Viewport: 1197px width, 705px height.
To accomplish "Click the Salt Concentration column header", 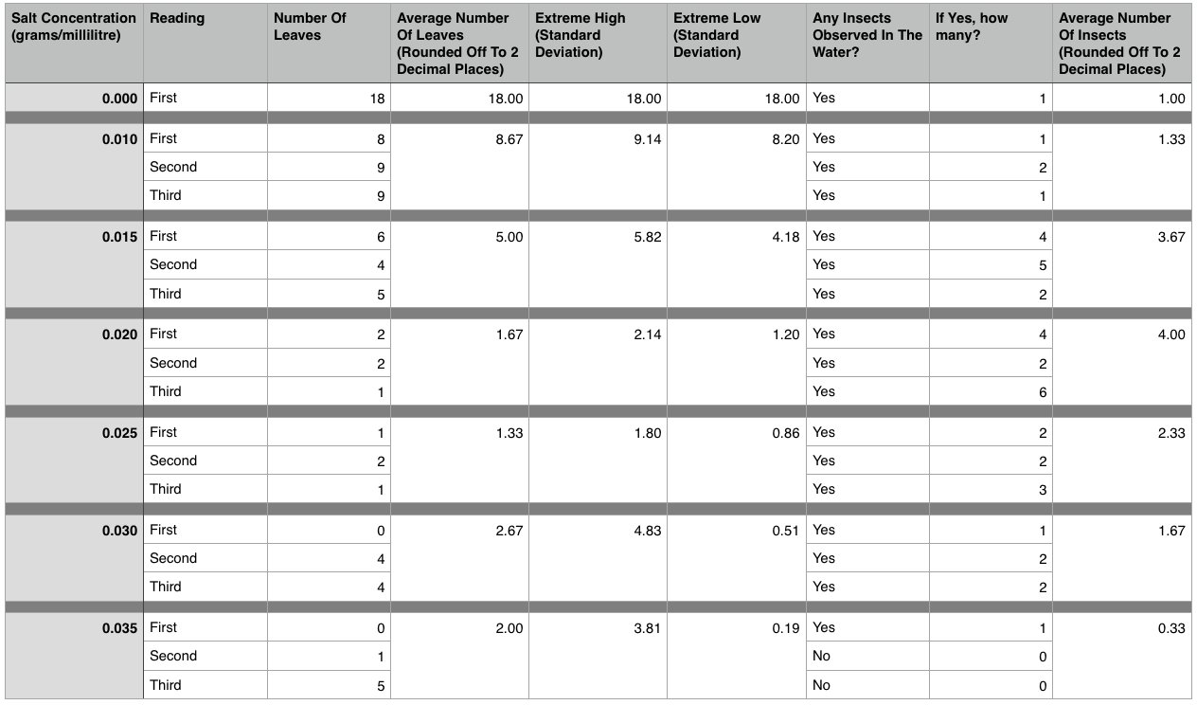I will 74,27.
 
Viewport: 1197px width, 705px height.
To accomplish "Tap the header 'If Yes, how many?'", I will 972,27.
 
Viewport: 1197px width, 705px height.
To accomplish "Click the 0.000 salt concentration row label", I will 120,98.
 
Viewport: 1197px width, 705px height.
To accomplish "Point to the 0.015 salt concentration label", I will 120,236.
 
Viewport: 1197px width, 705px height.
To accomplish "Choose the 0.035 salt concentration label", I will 120,627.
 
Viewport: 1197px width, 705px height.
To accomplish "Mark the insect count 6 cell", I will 1042,392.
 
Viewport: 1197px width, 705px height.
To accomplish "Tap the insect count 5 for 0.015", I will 1042,265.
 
